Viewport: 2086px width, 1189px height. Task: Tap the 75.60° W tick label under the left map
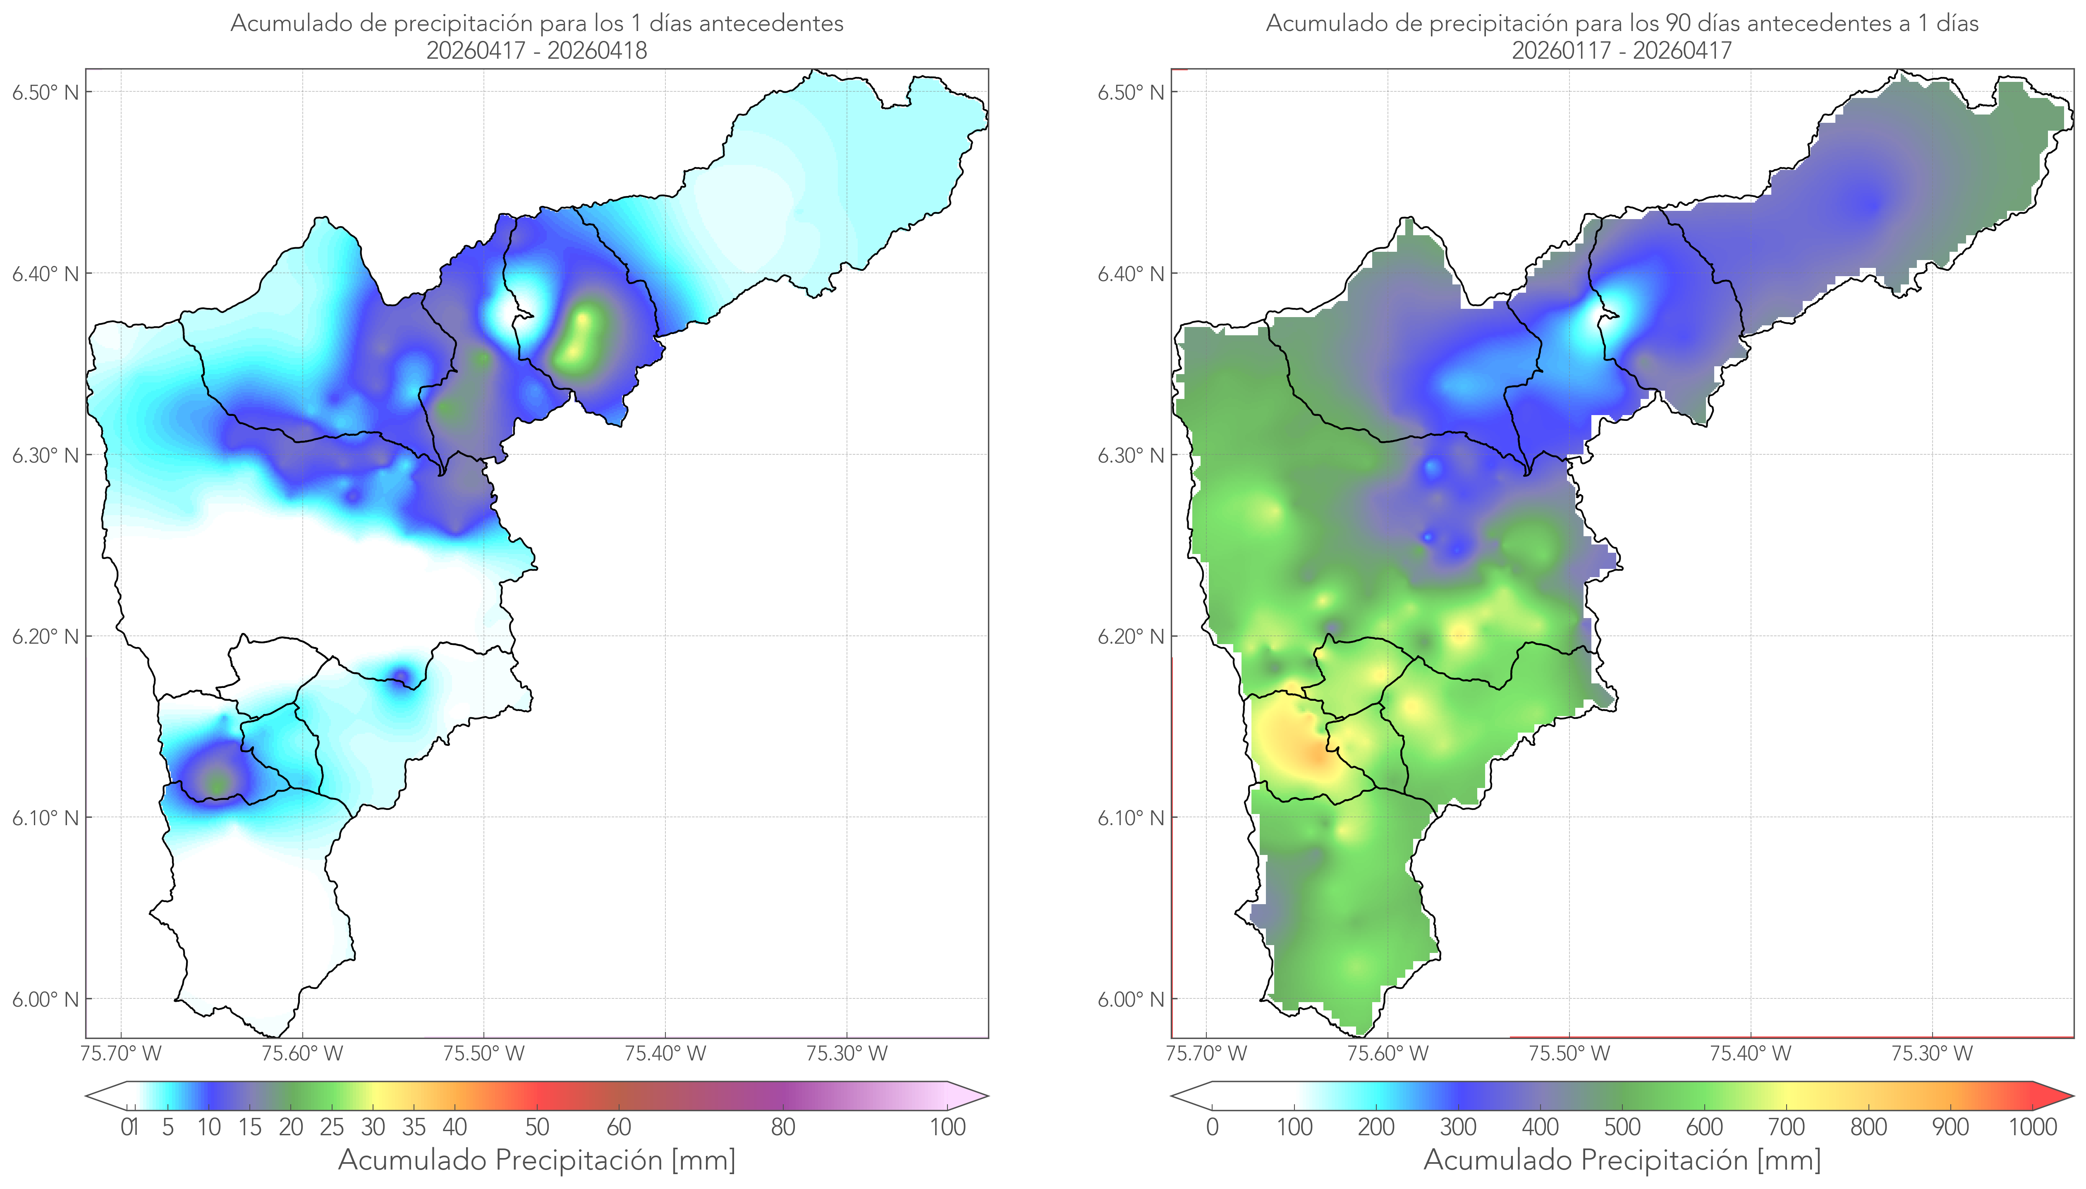coord(302,1053)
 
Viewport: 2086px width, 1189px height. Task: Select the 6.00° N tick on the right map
coord(1131,1000)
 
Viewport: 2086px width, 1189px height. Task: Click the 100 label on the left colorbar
coord(947,1127)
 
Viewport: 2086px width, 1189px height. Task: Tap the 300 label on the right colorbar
coord(1458,1127)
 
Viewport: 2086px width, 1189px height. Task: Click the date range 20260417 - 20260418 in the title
coord(537,50)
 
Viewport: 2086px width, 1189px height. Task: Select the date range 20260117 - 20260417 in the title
coord(1622,50)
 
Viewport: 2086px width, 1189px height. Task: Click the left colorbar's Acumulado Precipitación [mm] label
coord(537,1160)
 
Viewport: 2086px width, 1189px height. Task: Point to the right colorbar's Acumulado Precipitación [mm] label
coord(1622,1160)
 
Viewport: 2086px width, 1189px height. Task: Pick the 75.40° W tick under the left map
coord(665,1053)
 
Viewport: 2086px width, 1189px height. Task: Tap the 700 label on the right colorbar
coord(1786,1127)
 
